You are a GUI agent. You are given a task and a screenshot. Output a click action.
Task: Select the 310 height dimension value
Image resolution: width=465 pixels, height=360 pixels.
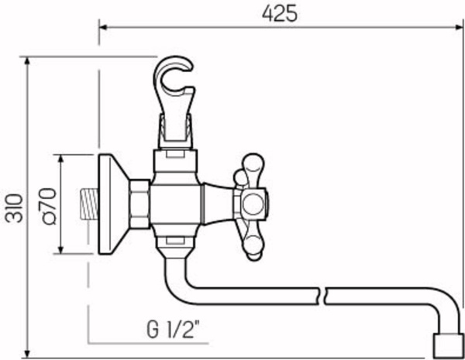tap(13, 207)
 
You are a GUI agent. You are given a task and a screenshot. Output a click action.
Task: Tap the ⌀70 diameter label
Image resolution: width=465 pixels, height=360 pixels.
tap(48, 205)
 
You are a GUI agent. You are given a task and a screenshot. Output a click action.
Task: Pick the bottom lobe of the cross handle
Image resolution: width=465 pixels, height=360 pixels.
tap(254, 245)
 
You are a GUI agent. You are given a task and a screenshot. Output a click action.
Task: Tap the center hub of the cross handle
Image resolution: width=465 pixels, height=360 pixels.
tap(253, 204)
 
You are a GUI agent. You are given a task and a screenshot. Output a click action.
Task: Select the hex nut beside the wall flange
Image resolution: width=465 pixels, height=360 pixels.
tap(140, 204)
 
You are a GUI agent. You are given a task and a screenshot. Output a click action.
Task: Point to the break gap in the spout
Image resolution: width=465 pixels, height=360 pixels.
tap(323, 297)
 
